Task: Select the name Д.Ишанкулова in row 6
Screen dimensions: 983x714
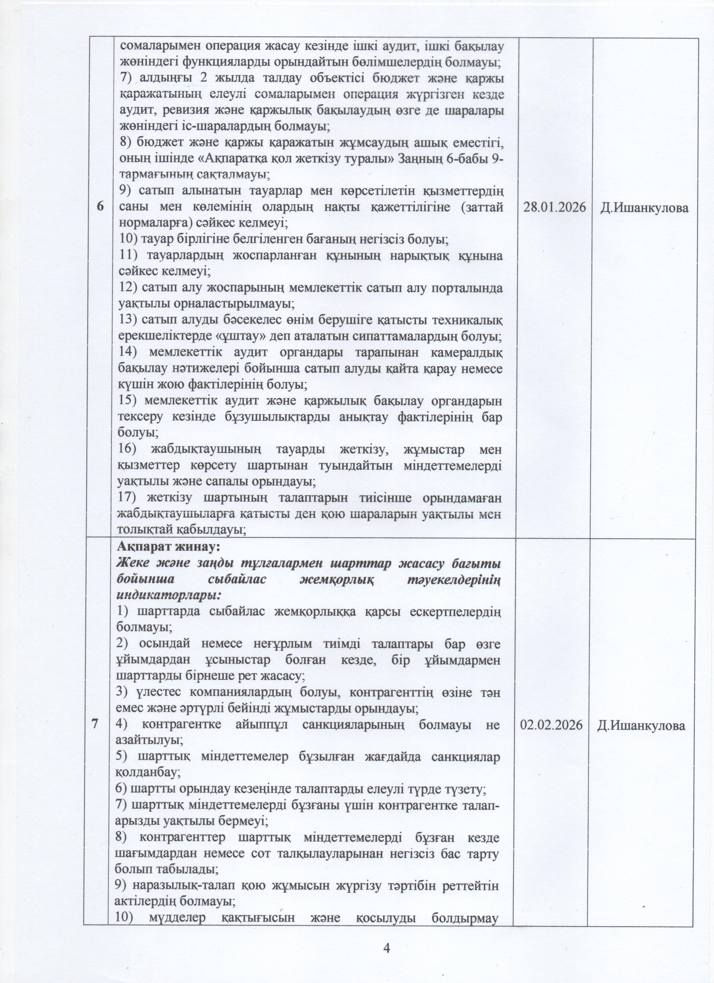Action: pyautogui.click(x=644, y=208)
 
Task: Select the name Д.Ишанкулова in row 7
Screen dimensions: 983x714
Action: pyautogui.click(x=641, y=726)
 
